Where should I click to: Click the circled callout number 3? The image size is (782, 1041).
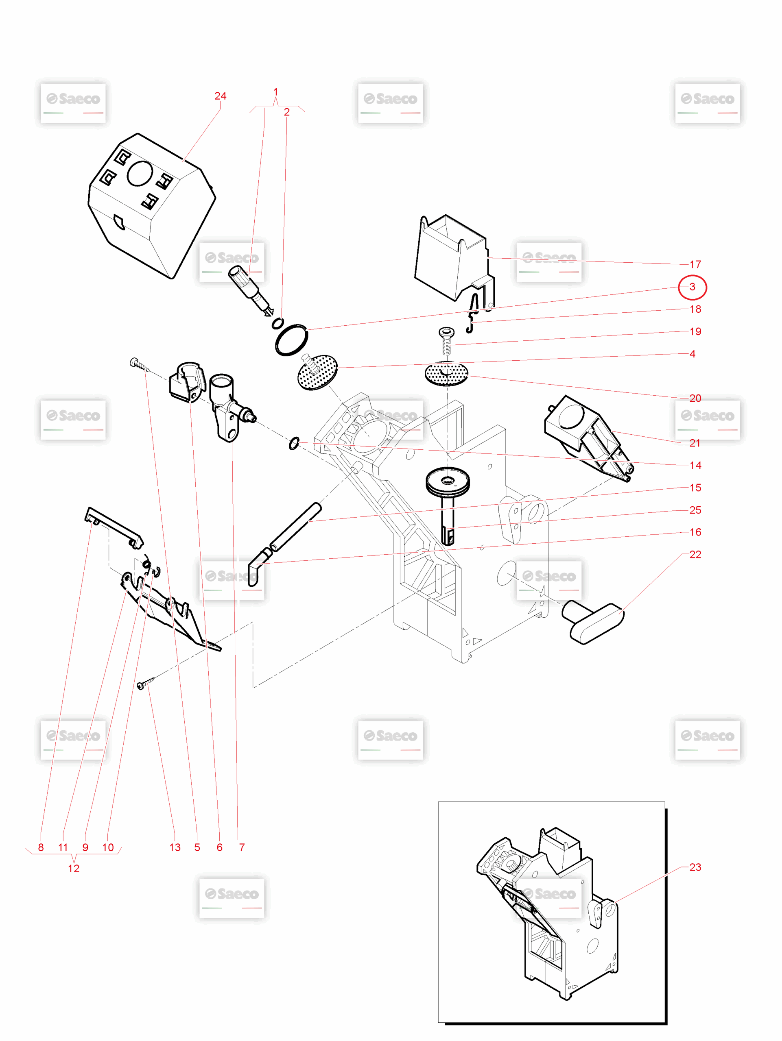click(x=692, y=287)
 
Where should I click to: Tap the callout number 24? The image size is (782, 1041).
click(x=221, y=96)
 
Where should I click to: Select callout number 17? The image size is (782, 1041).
click(x=695, y=264)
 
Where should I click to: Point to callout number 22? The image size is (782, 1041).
click(x=695, y=554)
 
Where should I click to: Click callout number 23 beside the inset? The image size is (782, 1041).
click(x=695, y=867)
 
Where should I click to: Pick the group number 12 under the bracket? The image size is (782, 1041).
click(x=74, y=869)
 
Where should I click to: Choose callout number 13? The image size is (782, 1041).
click(x=175, y=847)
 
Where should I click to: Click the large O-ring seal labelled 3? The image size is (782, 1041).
click(x=291, y=340)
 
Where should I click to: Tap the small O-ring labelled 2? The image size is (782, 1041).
click(x=278, y=323)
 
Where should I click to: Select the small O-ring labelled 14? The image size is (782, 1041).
click(x=294, y=443)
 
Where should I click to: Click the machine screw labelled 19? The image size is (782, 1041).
click(x=446, y=341)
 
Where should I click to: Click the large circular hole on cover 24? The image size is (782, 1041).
click(x=140, y=174)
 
